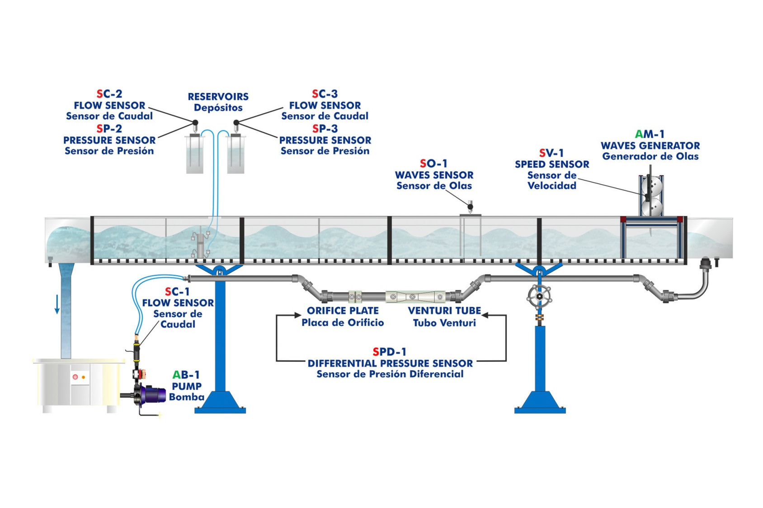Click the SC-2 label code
tap(109, 94)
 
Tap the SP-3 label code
tap(325, 129)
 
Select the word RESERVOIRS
tap(218, 97)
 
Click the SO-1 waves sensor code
tap(433, 163)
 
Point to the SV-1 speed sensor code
tap(551, 153)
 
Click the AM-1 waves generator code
tap(650, 134)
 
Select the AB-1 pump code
tap(186, 375)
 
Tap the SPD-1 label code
tap(390, 352)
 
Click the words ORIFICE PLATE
tap(343, 311)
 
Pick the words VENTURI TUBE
tap(444, 311)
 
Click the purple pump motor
tap(154, 394)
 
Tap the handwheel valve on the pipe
tap(539, 297)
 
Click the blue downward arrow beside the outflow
tap(57, 304)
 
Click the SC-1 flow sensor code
tap(177, 292)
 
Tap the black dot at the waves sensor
tap(470, 207)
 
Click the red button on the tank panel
tap(75, 377)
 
